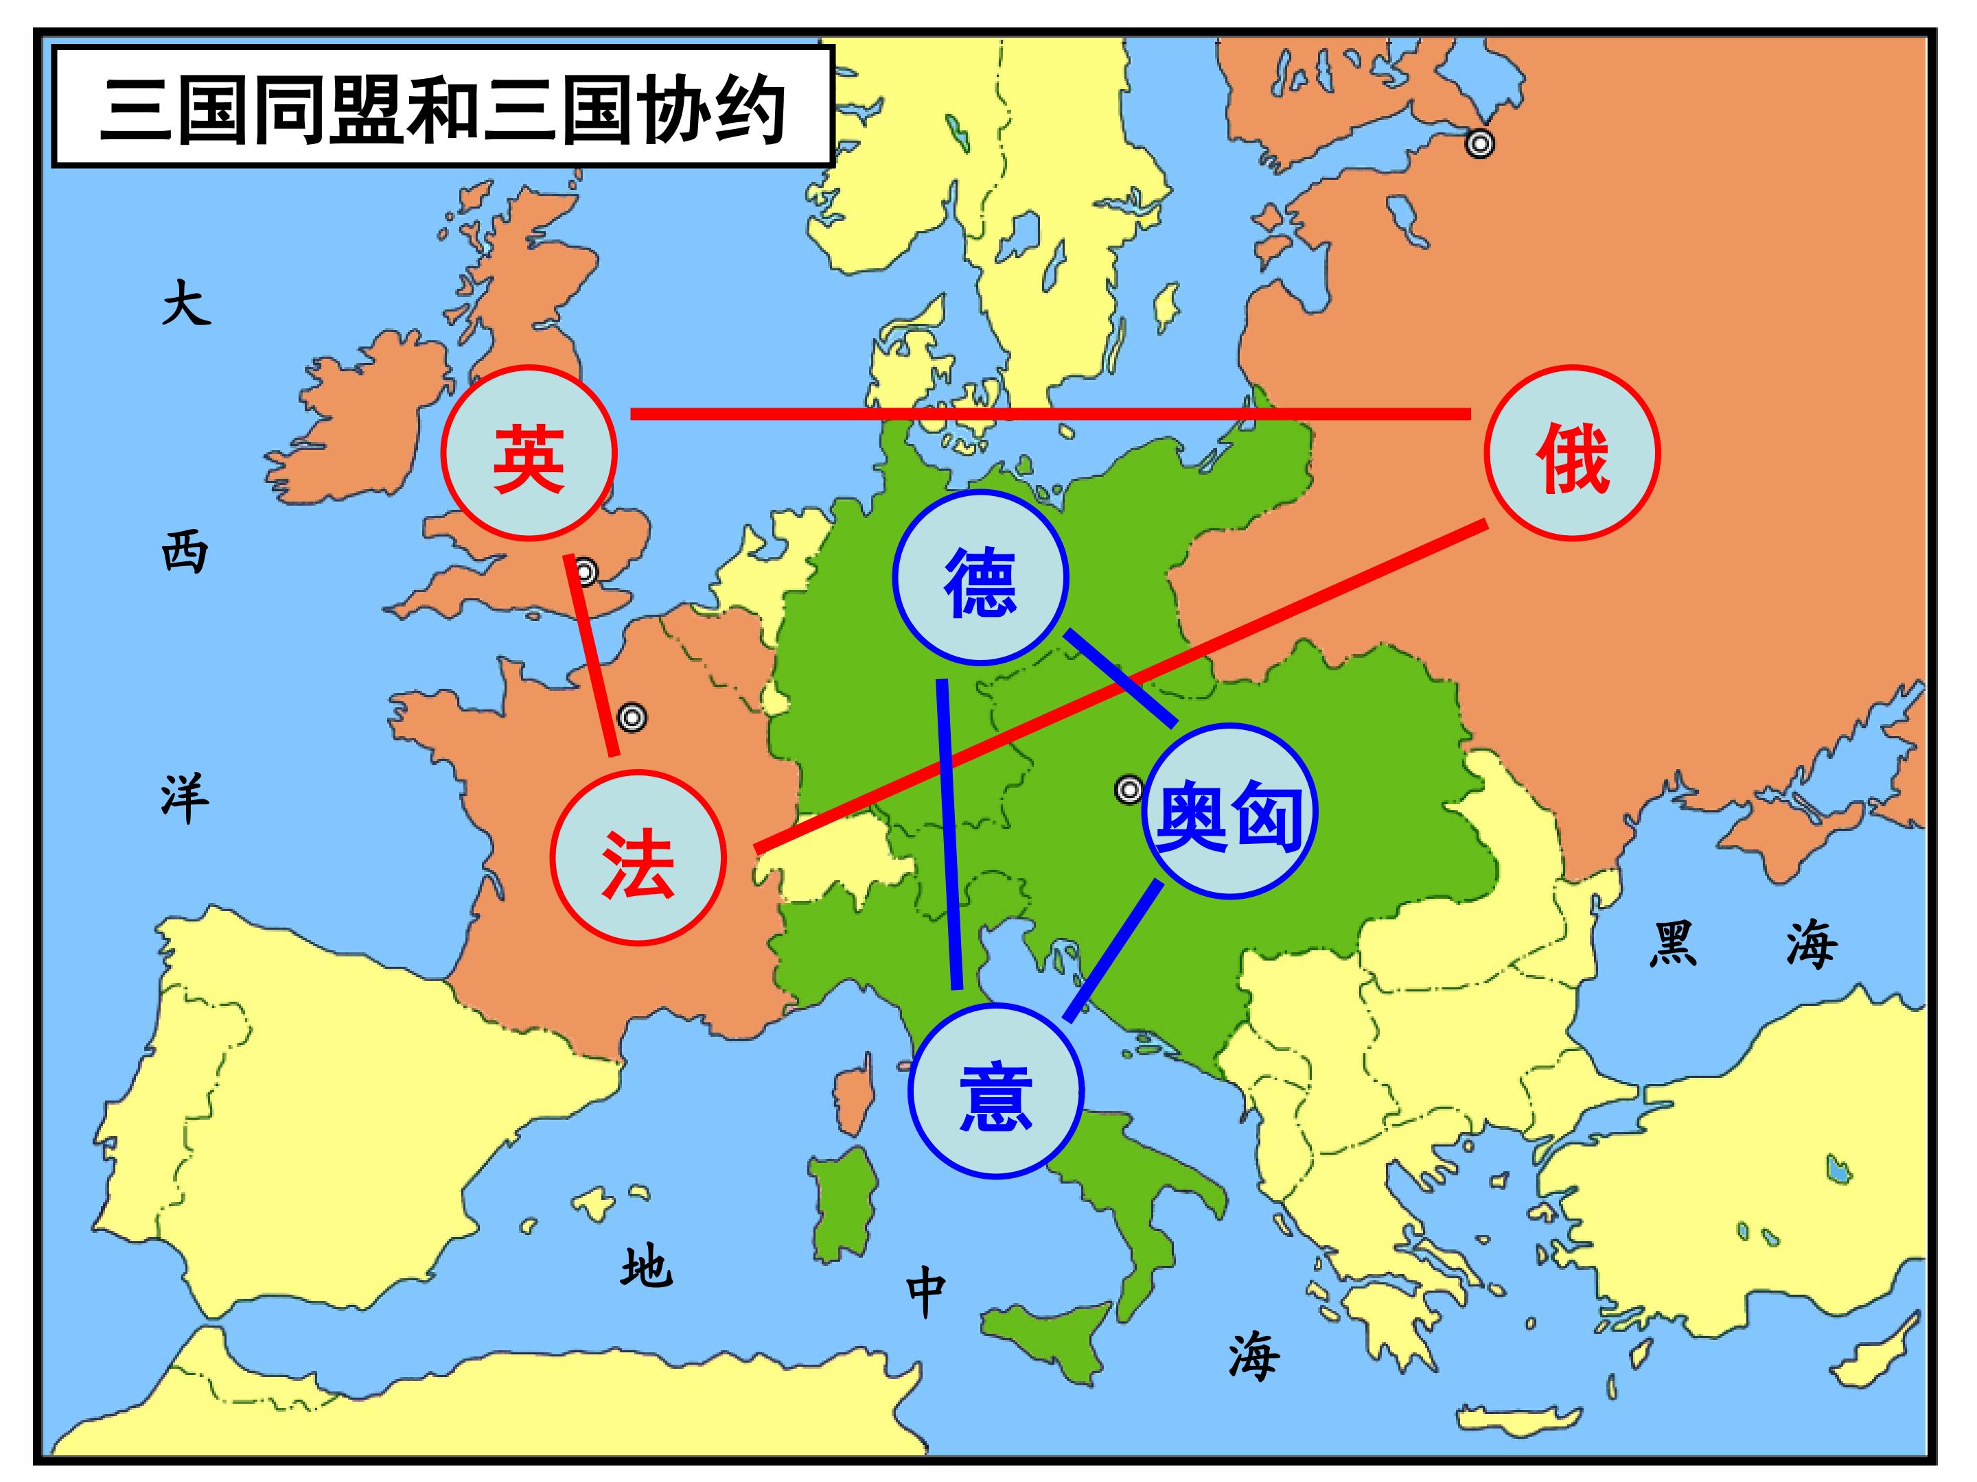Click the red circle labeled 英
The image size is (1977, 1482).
tap(529, 454)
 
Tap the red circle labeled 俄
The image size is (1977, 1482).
tap(1572, 454)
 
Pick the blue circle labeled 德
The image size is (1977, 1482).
tap(980, 578)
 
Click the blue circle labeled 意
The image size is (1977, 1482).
tap(995, 1092)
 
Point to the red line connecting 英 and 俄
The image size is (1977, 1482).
tap(1050, 413)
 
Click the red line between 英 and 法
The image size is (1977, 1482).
tap(592, 657)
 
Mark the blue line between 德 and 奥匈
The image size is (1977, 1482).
tap(1120, 677)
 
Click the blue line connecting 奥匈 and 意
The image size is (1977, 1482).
tap(1113, 950)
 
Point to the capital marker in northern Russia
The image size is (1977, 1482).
tap(1480, 143)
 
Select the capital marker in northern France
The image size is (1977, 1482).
tap(633, 717)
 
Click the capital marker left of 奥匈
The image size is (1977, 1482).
tap(1129, 790)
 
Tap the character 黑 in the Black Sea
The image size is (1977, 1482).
tap(1672, 945)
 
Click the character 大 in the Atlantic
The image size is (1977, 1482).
tap(186, 304)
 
